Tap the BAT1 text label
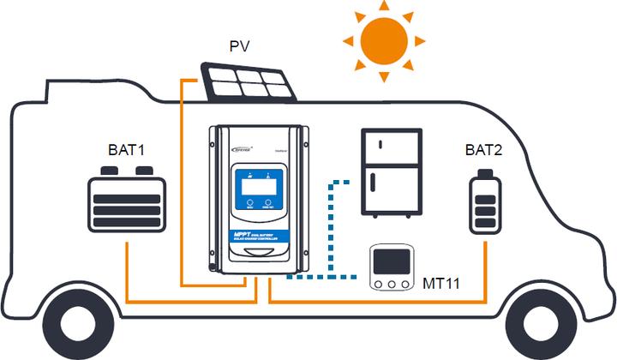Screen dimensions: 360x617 click(x=126, y=151)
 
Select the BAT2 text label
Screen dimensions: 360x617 click(x=485, y=151)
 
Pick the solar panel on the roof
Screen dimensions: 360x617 click(x=249, y=82)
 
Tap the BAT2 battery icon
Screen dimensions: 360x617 click(x=485, y=201)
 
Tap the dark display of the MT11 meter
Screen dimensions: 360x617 click(x=392, y=261)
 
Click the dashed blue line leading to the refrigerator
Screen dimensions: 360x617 click(x=332, y=223)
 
